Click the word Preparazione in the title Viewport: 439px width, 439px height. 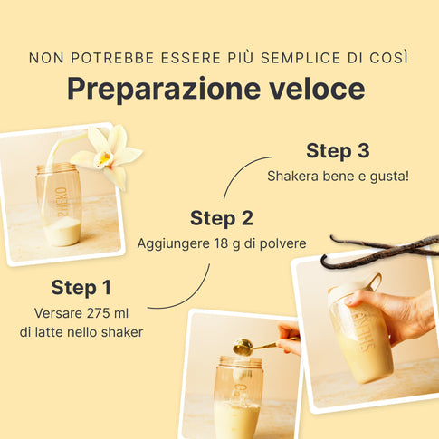[x=164, y=90]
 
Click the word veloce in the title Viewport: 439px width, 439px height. [x=317, y=89]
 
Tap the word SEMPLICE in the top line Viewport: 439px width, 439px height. [x=301, y=58]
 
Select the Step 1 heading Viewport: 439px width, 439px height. [x=81, y=287]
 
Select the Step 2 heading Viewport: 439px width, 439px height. [x=222, y=218]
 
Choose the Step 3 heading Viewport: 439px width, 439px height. [x=338, y=150]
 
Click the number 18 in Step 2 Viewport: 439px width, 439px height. [x=221, y=243]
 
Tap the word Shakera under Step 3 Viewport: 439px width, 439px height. [x=292, y=176]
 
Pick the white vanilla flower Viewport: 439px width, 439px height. [x=108, y=156]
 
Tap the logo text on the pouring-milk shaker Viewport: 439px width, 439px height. [x=62, y=202]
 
